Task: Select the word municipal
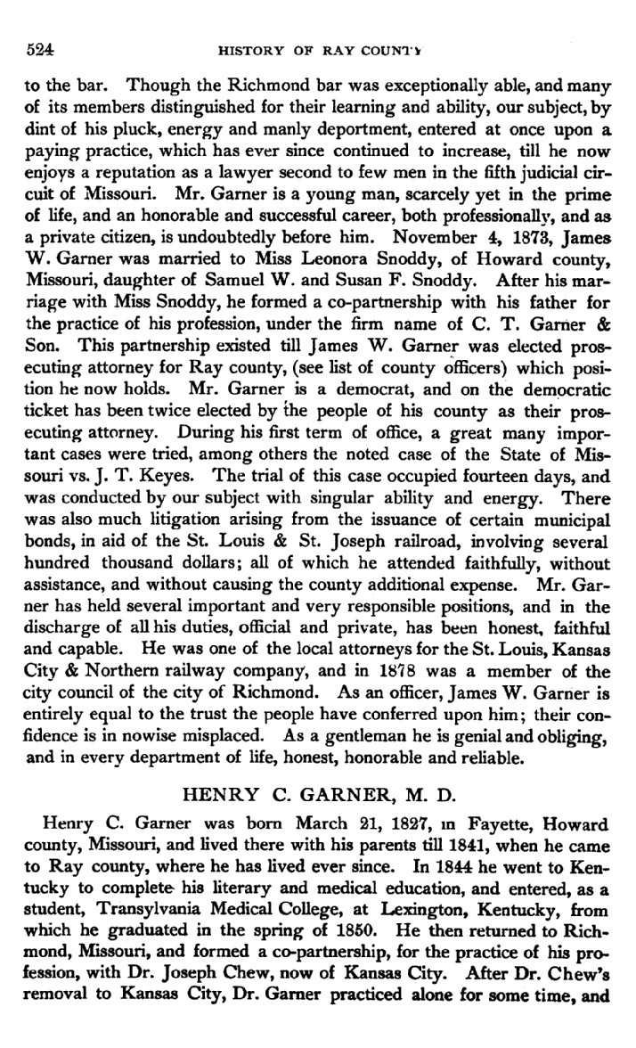coord(566,520)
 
